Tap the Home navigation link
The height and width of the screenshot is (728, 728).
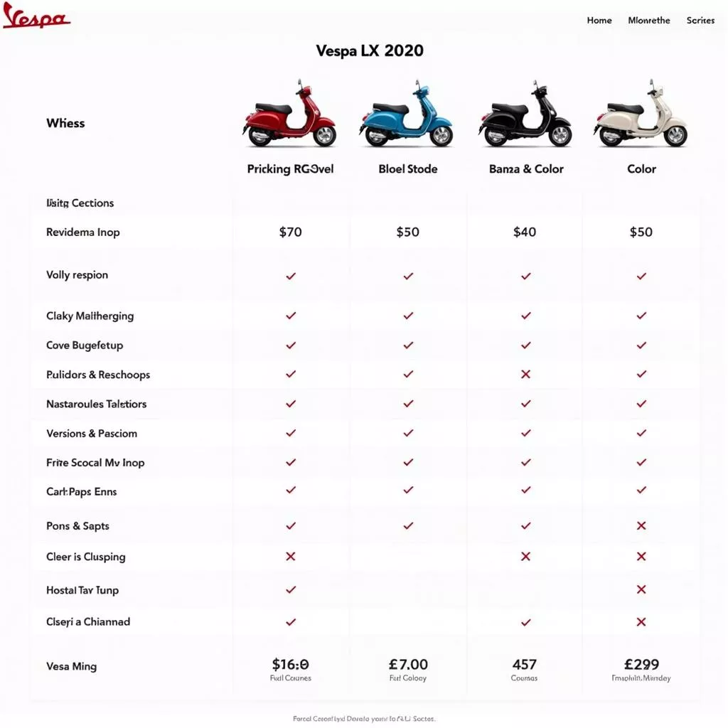pos(599,21)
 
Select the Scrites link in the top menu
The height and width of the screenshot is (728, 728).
pos(700,21)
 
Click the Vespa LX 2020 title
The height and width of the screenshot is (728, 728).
pos(370,51)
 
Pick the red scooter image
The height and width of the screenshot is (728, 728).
pos(289,116)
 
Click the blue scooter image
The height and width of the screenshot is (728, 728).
pos(407,116)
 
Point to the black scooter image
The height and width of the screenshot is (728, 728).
pos(525,116)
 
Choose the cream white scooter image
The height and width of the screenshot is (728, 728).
pos(641,116)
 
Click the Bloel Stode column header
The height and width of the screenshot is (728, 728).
pos(408,169)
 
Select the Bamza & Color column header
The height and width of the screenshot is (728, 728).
pos(526,169)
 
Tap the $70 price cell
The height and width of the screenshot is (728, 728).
pos(290,232)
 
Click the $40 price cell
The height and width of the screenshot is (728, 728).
pos(525,232)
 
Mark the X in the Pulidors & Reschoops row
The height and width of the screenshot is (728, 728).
pos(526,375)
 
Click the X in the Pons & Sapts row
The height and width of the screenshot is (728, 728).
pos(641,526)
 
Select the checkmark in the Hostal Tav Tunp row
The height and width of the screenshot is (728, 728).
pos(290,589)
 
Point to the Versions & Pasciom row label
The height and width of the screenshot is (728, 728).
pos(92,434)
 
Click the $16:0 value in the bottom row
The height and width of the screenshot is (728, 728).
pos(291,665)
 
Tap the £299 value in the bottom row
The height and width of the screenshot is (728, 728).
pos(641,665)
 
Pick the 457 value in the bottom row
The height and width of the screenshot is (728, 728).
pos(525,665)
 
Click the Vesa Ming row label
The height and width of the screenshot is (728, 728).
pos(71,667)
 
